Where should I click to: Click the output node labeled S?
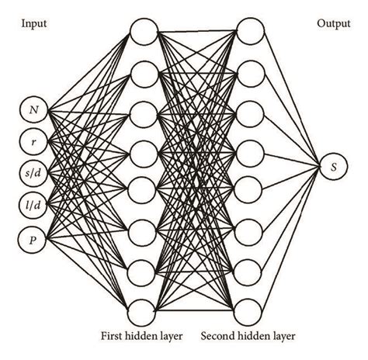point(334,167)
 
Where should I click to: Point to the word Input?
point(33,24)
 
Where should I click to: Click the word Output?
point(334,24)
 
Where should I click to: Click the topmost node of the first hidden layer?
point(144,33)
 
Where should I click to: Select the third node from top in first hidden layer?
point(144,112)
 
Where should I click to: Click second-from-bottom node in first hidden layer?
point(144,272)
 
